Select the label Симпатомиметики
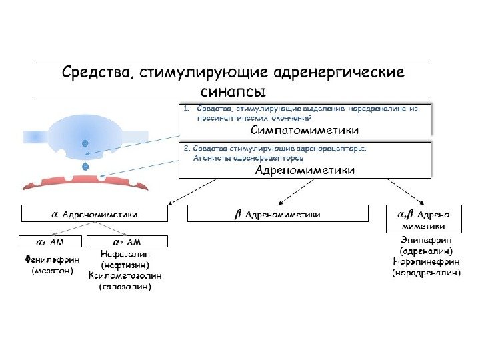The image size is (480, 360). tap(305, 129)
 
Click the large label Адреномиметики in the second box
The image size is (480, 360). tap(305, 171)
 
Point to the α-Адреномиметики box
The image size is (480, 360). tap(95, 214)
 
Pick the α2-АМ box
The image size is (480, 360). tap(127, 241)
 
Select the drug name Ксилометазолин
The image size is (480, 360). tap(125, 275)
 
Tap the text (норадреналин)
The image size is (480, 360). tap(426, 273)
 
